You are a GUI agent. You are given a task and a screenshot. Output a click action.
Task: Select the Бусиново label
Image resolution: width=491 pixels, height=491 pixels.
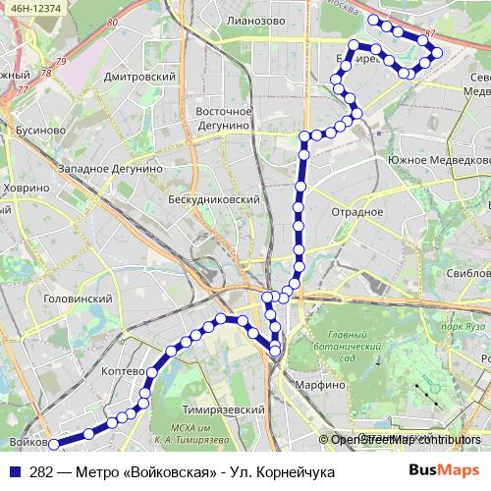click(x=40, y=129)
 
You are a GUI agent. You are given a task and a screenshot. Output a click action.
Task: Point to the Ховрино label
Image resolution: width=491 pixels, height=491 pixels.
click(x=26, y=187)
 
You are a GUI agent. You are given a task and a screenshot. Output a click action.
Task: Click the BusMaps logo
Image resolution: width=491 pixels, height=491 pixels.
click(x=444, y=472)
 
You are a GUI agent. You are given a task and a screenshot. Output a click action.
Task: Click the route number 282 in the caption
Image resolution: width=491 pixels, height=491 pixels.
click(x=41, y=472)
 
